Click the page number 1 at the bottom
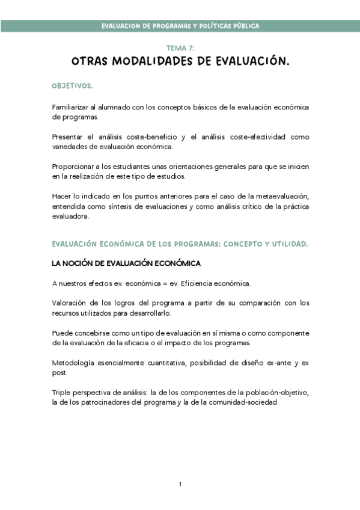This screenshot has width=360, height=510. (x=180, y=484)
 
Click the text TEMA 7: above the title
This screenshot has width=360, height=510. (x=180, y=48)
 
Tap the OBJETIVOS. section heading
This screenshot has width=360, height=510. (x=72, y=87)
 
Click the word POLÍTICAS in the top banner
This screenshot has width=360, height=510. (x=203, y=26)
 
